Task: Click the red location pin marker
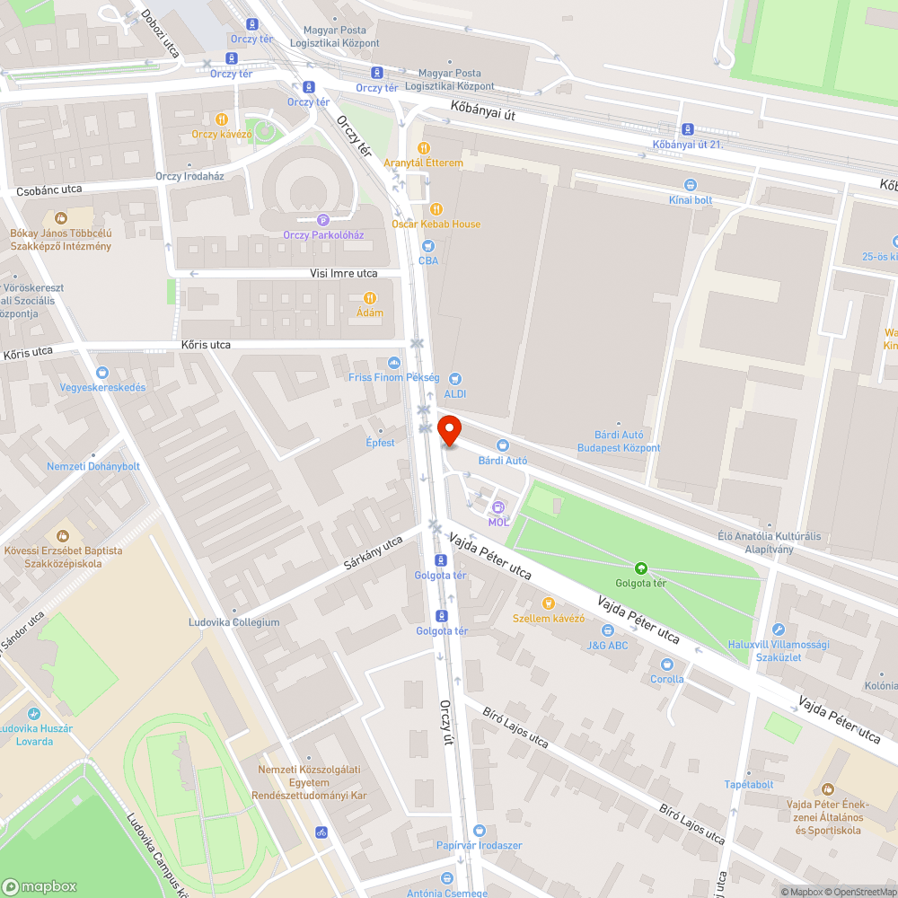pos(449,430)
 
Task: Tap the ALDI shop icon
pos(455,379)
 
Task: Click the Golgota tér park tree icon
pos(641,568)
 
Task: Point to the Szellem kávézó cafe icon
pos(549,603)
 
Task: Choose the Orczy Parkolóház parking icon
pos(323,220)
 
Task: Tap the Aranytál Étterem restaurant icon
pos(424,148)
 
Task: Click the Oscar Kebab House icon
pos(436,209)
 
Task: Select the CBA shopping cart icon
pos(428,245)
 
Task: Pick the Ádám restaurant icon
pos(369,298)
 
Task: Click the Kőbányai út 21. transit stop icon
pos(688,129)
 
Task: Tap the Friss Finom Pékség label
pos(394,377)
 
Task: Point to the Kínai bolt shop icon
pos(691,184)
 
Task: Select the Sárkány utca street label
pos(373,554)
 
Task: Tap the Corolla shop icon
pos(667,665)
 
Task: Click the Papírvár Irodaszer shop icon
pos(479,831)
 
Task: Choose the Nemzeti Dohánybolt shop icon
pos(93,451)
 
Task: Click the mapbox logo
pos(40,885)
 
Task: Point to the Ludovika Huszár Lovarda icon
pos(34,714)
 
